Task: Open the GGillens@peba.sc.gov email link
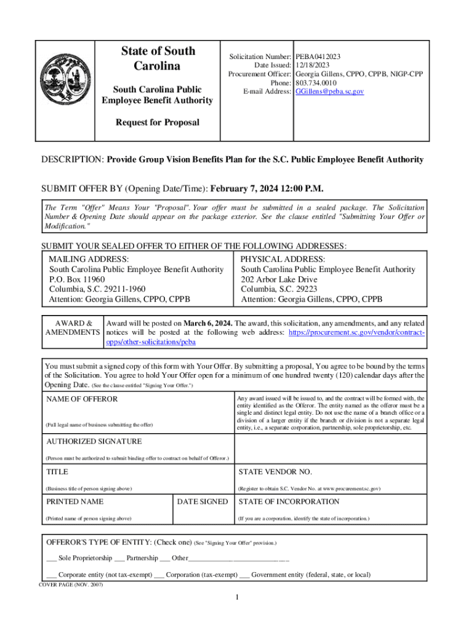pos(330,91)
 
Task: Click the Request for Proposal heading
pos(158,122)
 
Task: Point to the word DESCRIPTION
pos(72,159)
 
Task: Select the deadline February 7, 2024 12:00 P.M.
pos(267,188)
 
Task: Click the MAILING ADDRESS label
pos(89,260)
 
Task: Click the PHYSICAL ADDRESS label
pos(283,260)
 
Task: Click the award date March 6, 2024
pos(206,323)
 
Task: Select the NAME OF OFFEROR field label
pos(81,399)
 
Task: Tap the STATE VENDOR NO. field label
pos(275,472)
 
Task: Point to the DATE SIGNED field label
pos(202,502)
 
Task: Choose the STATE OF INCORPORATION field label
pos(289,502)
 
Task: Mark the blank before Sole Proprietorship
pos(52,559)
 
